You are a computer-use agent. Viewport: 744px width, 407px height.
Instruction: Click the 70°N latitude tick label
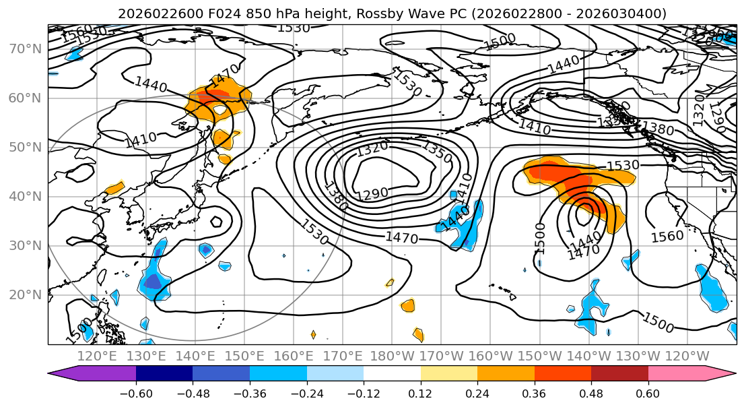click(25, 49)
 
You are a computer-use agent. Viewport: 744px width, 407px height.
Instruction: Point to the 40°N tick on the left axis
click(25, 196)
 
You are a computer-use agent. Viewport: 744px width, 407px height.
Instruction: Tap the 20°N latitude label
click(25, 294)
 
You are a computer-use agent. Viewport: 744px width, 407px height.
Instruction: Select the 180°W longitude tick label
click(391, 356)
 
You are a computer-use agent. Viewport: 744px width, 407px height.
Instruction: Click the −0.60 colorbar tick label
click(136, 394)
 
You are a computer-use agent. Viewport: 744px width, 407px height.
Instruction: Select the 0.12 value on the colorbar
click(421, 394)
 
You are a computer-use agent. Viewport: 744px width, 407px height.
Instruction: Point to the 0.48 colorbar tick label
click(591, 394)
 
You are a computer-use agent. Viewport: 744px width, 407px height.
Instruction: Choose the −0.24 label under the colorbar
click(306, 394)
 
